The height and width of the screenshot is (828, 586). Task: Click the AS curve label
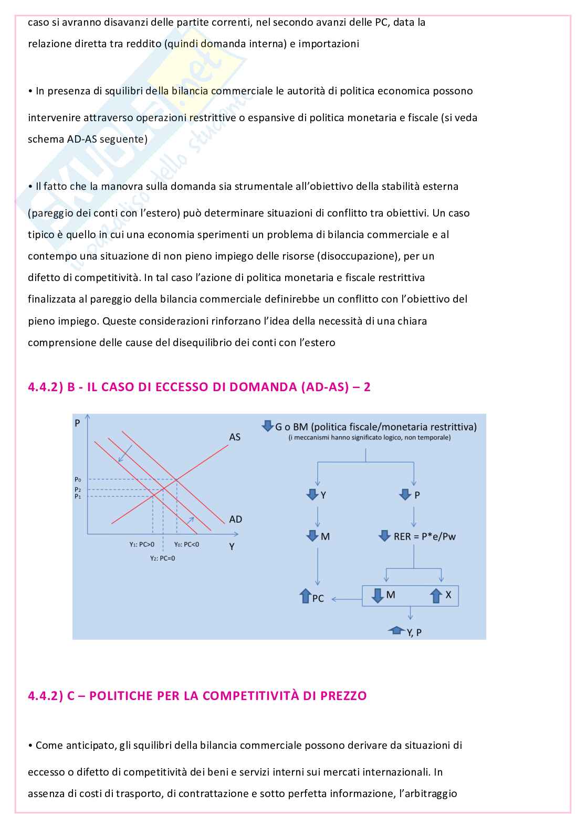tap(235, 437)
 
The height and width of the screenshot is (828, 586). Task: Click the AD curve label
tap(236, 519)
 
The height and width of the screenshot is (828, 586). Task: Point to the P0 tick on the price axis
tap(78, 479)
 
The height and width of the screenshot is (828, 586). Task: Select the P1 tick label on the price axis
tap(78, 496)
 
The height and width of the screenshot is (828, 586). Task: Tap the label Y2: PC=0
tap(162, 558)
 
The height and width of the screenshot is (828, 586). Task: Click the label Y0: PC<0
tap(186, 544)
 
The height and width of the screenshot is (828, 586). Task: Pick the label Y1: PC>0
tap(142, 544)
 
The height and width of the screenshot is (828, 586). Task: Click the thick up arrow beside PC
tap(305, 597)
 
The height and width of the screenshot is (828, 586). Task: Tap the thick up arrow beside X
tap(436, 596)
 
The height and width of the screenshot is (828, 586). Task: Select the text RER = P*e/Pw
tap(424, 536)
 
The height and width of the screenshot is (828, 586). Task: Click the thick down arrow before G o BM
tap(267, 426)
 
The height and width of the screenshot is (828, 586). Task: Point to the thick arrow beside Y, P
tap(395, 630)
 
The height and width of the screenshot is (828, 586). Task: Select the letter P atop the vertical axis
tap(78, 423)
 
